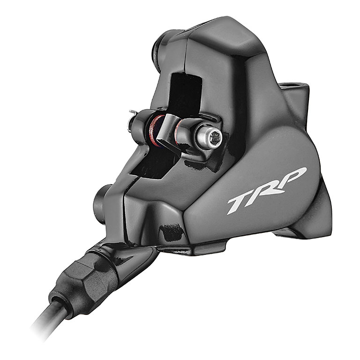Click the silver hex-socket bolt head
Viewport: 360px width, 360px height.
[x=209, y=137]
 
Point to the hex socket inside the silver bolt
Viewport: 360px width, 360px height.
[x=216, y=137]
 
